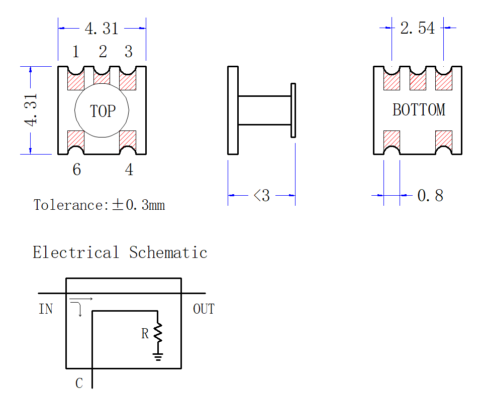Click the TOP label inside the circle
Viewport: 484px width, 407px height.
point(103,111)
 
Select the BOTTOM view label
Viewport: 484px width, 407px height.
point(419,110)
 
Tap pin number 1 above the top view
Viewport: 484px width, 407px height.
point(76,52)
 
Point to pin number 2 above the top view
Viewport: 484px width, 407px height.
point(103,52)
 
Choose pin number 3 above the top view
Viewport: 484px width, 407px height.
point(129,52)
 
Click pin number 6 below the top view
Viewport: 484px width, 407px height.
point(77,170)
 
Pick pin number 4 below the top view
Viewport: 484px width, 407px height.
point(129,170)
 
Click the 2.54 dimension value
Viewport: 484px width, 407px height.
point(418,28)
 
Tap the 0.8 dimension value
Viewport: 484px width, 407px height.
point(430,195)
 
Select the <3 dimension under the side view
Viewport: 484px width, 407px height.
point(262,195)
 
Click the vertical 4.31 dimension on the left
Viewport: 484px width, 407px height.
point(31,110)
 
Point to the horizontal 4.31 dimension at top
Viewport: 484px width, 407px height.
point(102,29)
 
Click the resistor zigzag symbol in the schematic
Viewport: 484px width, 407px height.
point(158,332)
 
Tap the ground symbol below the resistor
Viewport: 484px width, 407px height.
point(158,357)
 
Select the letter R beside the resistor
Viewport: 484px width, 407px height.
point(145,333)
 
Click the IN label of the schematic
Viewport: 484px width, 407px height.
point(46,309)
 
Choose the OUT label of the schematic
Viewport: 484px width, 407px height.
point(204,309)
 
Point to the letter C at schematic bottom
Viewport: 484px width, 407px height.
point(79,383)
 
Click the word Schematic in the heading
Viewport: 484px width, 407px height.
point(168,252)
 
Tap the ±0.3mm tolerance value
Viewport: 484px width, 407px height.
point(138,205)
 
